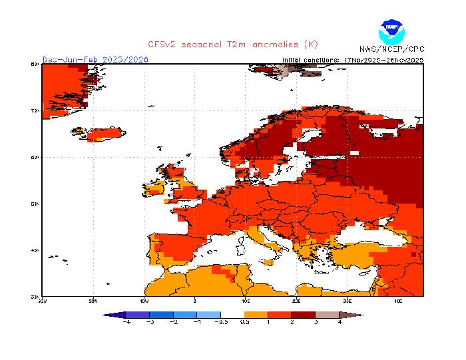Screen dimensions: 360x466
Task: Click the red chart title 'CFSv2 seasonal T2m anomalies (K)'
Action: click(233, 45)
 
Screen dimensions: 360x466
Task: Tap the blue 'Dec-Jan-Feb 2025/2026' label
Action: click(95, 59)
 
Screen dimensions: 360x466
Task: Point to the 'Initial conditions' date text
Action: click(353, 59)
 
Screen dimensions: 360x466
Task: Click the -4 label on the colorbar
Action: click(126, 321)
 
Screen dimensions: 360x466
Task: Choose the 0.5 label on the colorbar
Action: click(245, 321)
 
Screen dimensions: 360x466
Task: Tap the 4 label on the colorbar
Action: click(340, 321)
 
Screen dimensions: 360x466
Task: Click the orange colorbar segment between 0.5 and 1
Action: click(256, 314)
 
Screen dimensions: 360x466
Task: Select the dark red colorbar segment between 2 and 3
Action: click(304, 314)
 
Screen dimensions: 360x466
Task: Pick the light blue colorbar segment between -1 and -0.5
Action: click(209, 314)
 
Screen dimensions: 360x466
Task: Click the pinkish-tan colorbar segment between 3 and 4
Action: click(327, 314)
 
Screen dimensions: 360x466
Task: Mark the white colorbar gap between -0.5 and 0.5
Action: click(233, 314)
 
